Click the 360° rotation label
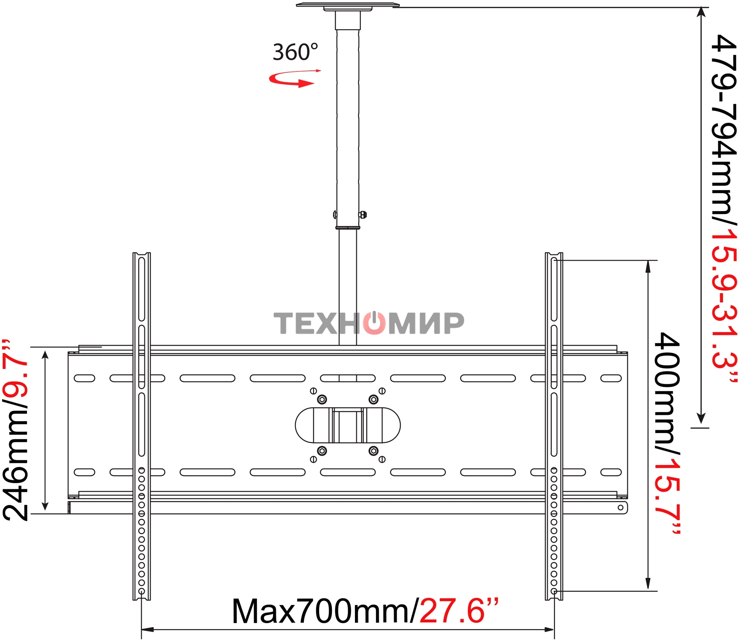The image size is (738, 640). click(295, 52)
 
